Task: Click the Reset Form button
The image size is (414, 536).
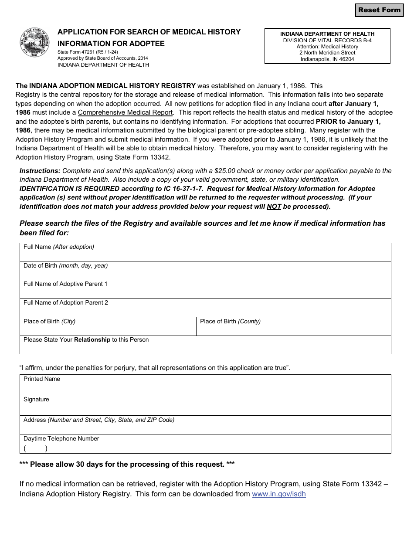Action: tap(379, 10)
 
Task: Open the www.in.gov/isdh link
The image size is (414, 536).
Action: tap(279, 494)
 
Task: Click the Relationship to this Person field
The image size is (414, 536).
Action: tap(205, 347)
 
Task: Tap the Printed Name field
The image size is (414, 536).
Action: tap(205, 387)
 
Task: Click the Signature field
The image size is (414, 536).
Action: tap(205, 407)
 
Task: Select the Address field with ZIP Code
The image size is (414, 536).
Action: tap(205, 427)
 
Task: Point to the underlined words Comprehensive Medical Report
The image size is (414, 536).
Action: tap(126, 112)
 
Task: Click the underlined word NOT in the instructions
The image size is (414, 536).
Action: tap(274, 207)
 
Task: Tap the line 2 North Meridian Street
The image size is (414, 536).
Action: tap(327, 53)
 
